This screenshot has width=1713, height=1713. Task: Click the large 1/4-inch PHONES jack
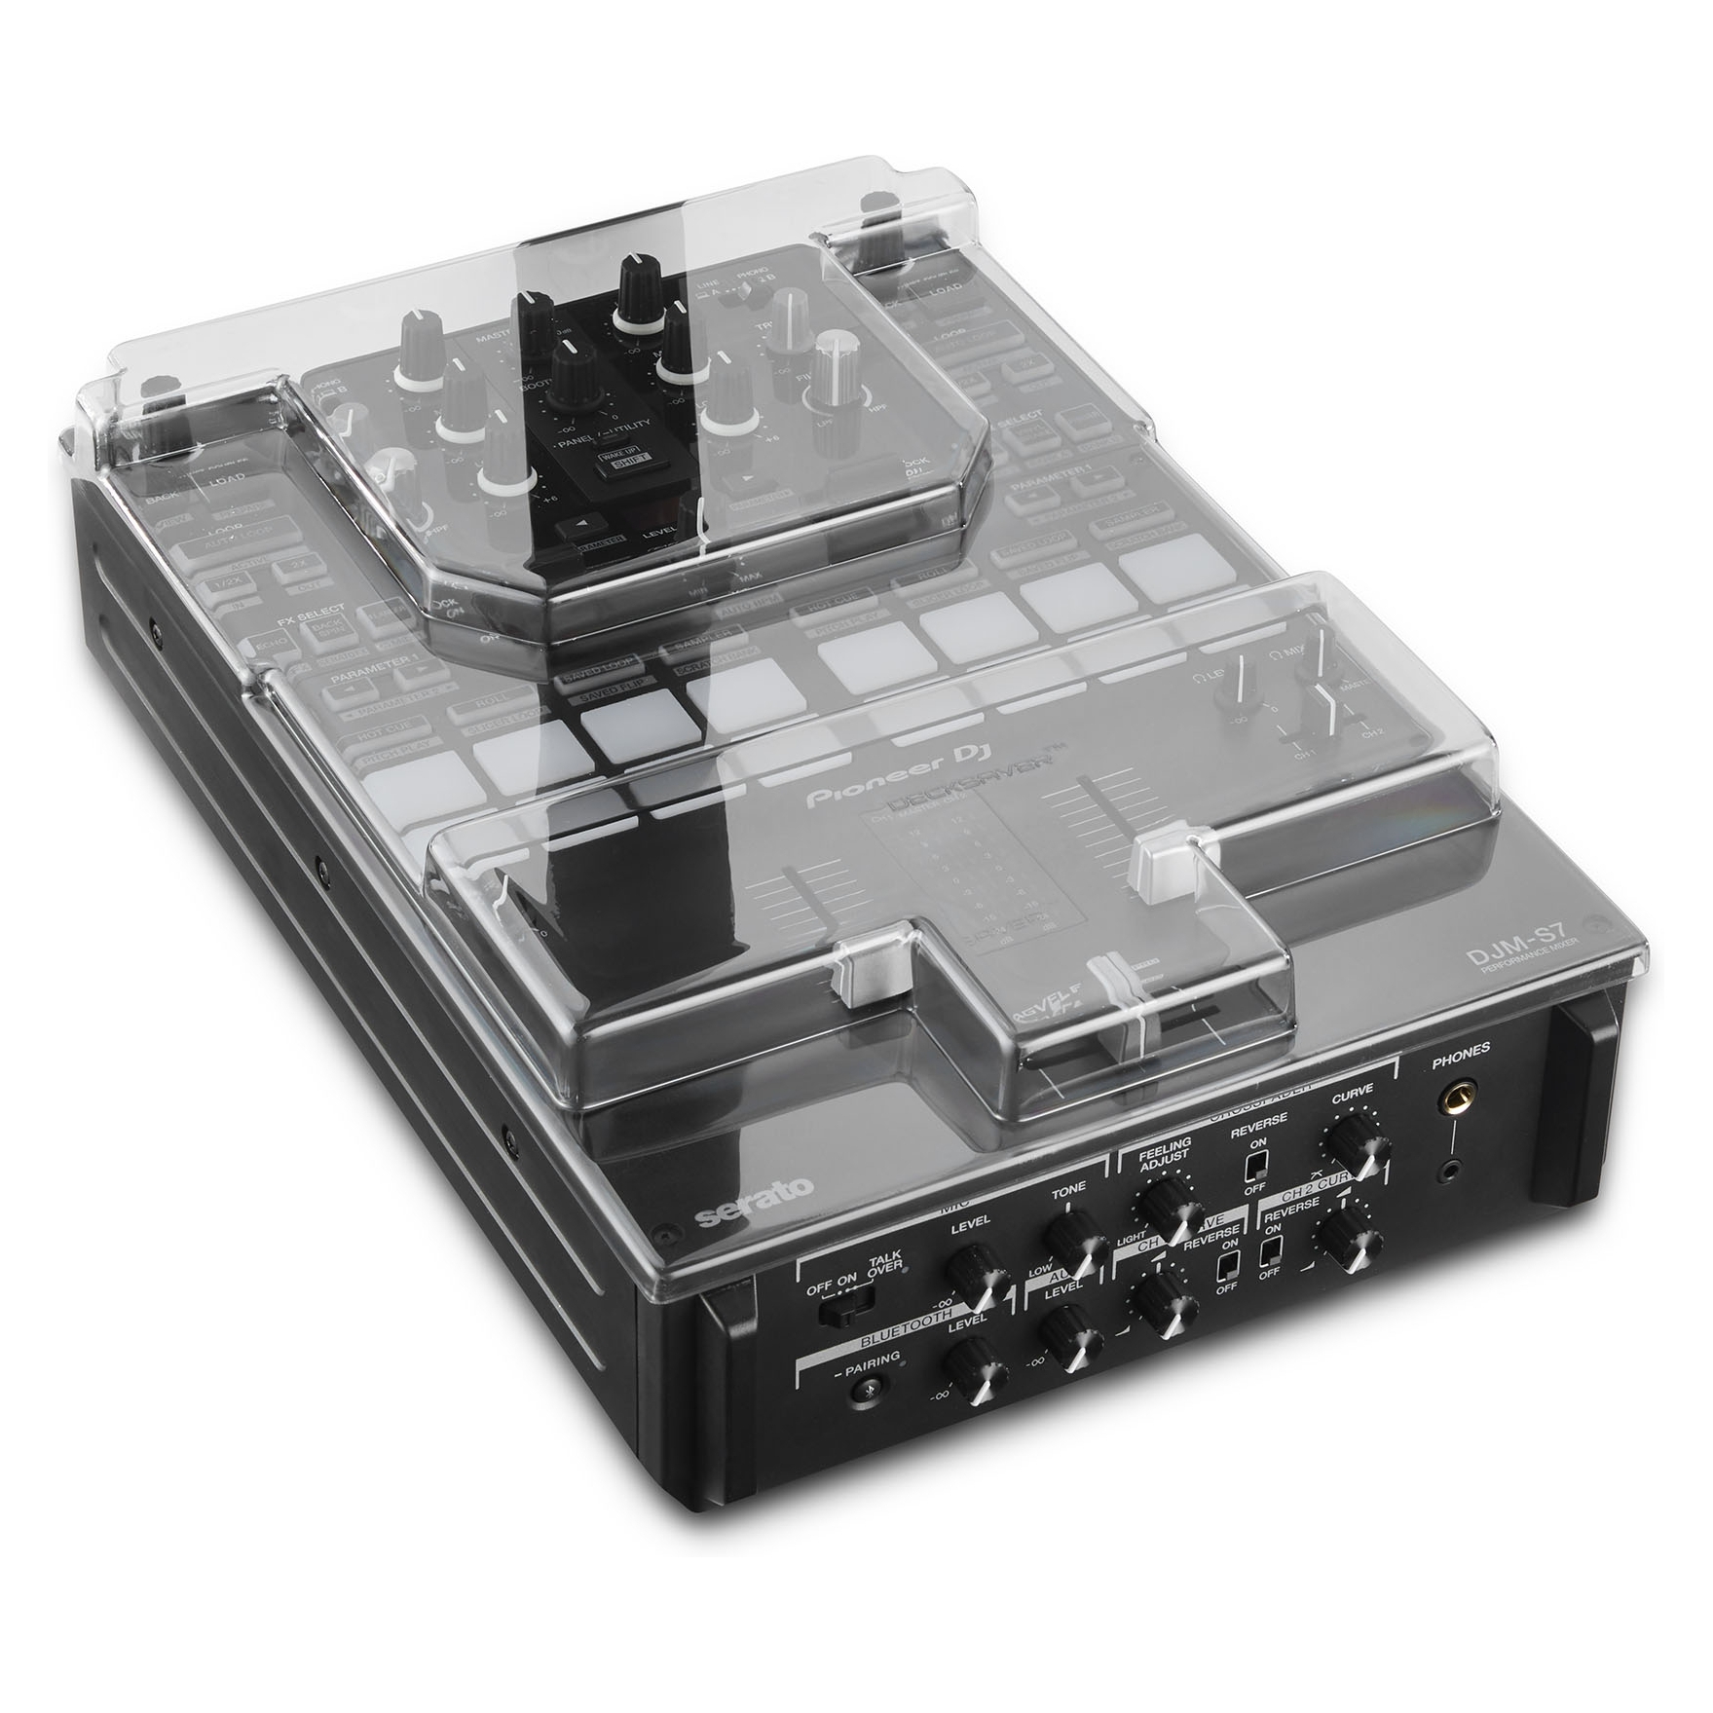point(1456,1101)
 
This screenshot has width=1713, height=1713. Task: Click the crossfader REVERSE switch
point(1257,1166)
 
